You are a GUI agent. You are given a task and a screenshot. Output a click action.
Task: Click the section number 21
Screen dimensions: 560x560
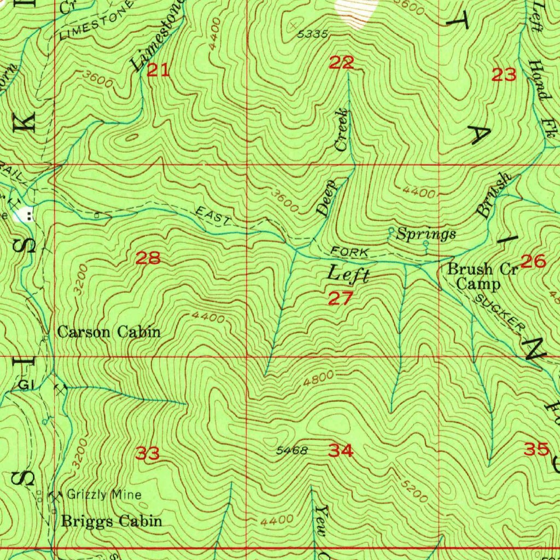[158, 71]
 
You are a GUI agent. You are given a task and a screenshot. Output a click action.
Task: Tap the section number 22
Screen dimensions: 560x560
[341, 63]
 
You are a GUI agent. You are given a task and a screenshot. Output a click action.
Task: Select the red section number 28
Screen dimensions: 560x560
[148, 258]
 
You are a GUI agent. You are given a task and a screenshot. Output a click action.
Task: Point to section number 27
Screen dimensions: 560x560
[341, 299]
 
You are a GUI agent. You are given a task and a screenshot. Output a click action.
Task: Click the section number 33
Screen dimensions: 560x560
[148, 453]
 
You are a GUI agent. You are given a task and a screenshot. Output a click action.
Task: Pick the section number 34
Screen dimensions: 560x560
[341, 451]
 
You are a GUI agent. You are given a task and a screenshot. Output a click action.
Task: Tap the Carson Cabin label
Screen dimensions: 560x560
[109, 332]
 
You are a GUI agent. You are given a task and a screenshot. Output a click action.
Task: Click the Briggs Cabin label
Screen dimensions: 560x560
[112, 521]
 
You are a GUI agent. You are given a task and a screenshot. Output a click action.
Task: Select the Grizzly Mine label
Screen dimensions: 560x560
[104, 495]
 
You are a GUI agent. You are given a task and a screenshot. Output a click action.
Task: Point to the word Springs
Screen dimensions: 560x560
[426, 235]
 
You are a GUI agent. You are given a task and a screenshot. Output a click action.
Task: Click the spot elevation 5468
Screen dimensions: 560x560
[292, 451]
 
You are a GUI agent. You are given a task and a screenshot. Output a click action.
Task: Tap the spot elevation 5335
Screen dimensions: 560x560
[313, 34]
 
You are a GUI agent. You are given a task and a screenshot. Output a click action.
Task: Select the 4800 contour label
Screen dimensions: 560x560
[316, 379]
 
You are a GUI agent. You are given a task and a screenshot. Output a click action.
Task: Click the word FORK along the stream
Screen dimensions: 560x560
[350, 252]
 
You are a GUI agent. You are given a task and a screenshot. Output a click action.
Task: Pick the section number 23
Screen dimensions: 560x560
[504, 75]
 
